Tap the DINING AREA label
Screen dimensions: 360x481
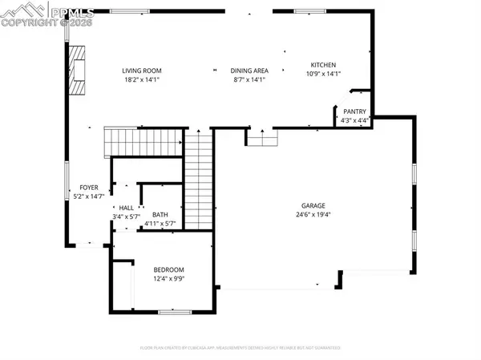pos(248,70)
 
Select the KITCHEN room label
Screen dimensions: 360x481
pos(323,65)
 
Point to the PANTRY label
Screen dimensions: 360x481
pos(354,111)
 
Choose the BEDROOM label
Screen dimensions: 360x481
pos(168,269)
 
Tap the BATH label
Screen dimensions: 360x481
pos(160,215)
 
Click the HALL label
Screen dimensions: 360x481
pos(127,207)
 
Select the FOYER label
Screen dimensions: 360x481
pos(88,187)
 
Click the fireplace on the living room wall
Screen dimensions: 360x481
pos(76,71)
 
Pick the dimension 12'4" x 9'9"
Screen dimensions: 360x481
pos(168,279)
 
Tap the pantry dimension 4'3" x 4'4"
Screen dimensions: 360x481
pos(354,121)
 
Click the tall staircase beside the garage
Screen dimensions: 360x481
pos(198,180)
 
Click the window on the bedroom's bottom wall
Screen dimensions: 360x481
pos(174,311)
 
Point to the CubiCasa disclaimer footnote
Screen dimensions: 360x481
pos(240,348)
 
